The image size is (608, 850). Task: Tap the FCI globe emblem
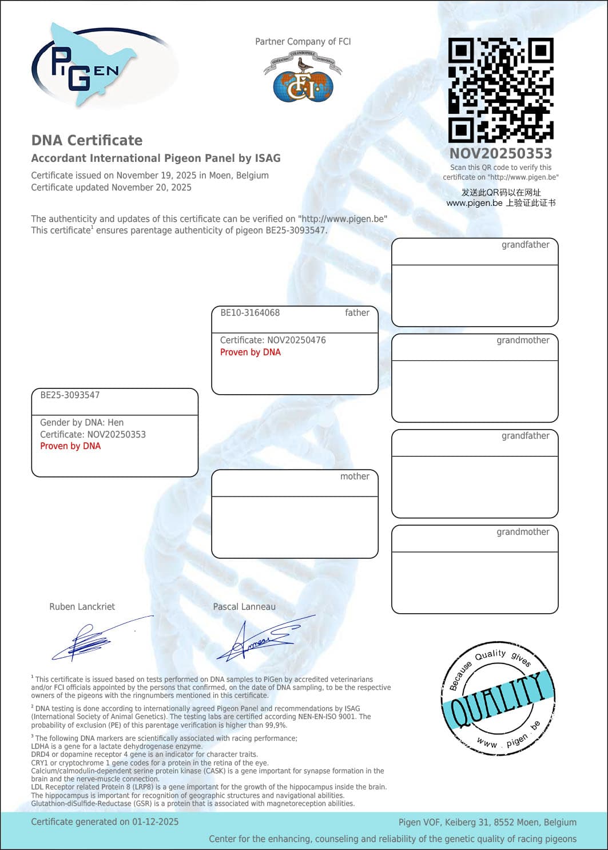pyautogui.click(x=303, y=80)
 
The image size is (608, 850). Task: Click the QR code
pyautogui.click(x=500, y=90)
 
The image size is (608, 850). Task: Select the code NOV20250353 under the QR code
pyautogui.click(x=500, y=153)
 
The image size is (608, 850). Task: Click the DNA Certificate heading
pyautogui.click(x=87, y=141)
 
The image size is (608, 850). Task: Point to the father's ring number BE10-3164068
pyautogui.click(x=250, y=313)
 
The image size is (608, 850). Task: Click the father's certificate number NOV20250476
pyautogui.click(x=296, y=340)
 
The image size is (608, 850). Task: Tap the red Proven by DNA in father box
pyautogui.click(x=251, y=352)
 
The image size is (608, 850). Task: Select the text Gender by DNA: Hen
pyautogui.click(x=82, y=423)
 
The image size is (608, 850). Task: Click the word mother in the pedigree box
pyautogui.click(x=355, y=476)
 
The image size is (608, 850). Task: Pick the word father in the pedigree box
pyautogui.click(x=357, y=313)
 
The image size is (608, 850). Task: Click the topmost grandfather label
pyautogui.click(x=525, y=245)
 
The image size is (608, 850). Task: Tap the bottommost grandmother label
pyautogui.click(x=523, y=532)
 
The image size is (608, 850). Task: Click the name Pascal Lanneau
pyautogui.click(x=244, y=607)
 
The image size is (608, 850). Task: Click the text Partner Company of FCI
pyautogui.click(x=303, y=42)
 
